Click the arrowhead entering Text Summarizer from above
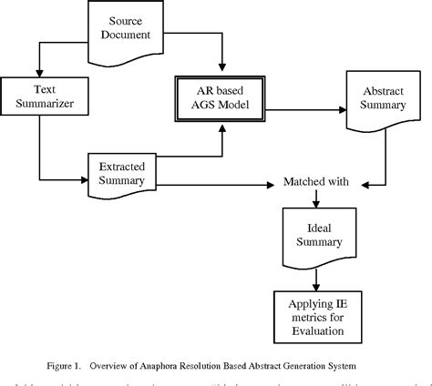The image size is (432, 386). [x=38, y=73]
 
